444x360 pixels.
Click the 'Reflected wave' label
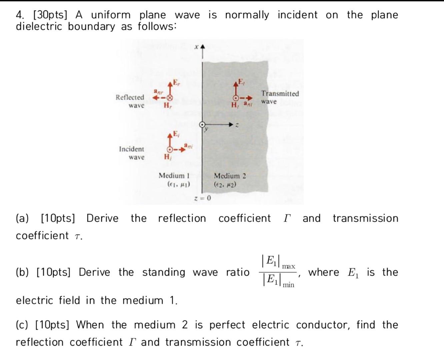pyautogui.click(x=130, y=101)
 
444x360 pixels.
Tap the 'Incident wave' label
pyautogui.click(x=132, y=153)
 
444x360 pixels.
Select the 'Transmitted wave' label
pyautogui.click(x=280, y=97)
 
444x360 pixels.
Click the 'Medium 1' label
pyautogui.click(x=174, y=176)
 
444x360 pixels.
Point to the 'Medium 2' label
pyautogui.click(x=230, y=176)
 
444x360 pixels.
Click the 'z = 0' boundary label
pyautogui.click(x=203, y=199)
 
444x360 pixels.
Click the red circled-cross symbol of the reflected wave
pyautogui.click(x=170, y=98)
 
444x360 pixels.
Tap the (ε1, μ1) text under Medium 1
pyautogui.click(x=179, y=184)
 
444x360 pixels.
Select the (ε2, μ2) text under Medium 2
pyautogui.click(x=225, y=184)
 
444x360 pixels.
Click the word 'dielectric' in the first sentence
pyautogui.click(x=39, y=26)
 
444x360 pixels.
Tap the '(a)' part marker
pyautogui.click(x=22, y=219)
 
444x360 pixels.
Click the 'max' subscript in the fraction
pyautogui.click(x=288, y=266)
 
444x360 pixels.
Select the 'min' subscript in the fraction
pyautogui.click(x=288, y=285)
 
